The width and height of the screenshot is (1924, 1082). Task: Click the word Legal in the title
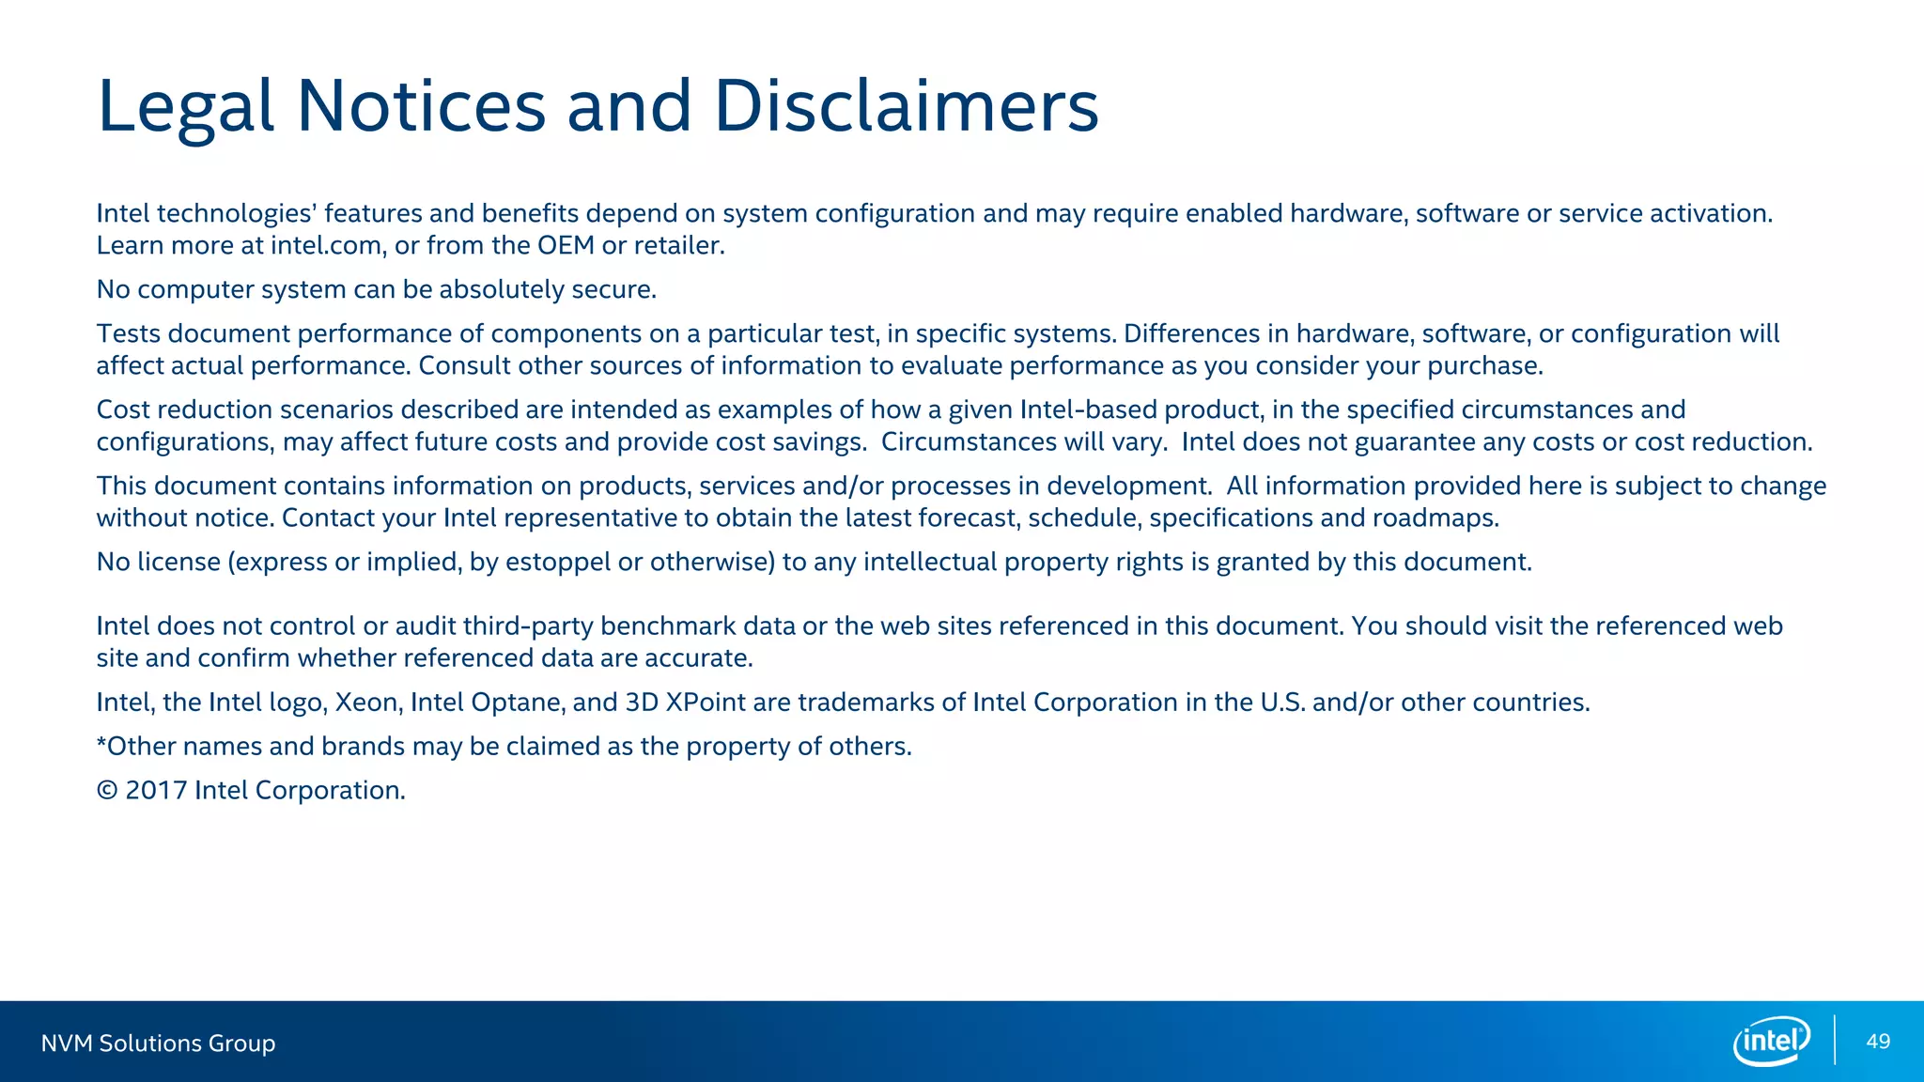pyautogui.click(x=185, y=107)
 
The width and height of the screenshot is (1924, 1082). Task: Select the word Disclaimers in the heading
pyautogui.click(x=906, y=105)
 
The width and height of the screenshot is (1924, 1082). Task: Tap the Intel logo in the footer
pyautogui.click(x=1771, y=1041)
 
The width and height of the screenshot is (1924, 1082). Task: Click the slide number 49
pyautogui.click(x=1878, y=1042)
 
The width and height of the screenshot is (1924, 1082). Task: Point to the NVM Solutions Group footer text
pyautogui.click(x=158, y=1043)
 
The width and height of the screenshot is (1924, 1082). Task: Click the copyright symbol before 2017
pyautogui.click(x=107, y=791)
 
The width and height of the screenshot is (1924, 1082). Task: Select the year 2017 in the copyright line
pyautogui.click(x=156, y=791)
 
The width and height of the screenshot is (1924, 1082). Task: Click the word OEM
pyautogui.click(x=566, y=246)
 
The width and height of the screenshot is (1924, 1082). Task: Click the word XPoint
pyautogui.click(x=706, y=703)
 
